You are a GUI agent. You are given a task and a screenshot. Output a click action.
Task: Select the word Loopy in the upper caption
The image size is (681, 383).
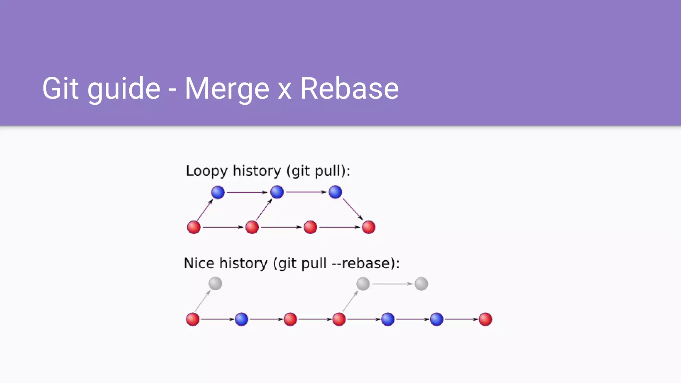tap(206, 171)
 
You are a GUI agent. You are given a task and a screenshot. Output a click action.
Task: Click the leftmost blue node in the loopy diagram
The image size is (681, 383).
tap(218, 192)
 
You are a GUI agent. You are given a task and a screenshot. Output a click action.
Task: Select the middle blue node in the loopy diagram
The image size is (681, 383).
tap(277, 192)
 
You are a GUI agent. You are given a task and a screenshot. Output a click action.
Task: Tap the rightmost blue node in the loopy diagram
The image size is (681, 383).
tap(335, 192)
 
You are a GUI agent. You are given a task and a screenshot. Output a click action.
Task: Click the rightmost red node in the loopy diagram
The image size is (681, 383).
tap(368, 227)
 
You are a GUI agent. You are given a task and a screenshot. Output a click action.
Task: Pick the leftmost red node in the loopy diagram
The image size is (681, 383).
tap(194, 227)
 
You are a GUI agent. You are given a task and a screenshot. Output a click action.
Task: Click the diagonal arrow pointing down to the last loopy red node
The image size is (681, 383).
tap(352, 209)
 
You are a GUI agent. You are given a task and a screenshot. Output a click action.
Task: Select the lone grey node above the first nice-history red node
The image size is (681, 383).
tap(215, 284)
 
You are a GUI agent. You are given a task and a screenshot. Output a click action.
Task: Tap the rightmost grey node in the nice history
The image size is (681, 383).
tap(421, 284)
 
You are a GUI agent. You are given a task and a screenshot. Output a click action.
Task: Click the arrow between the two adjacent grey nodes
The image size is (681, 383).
tap(392, 284)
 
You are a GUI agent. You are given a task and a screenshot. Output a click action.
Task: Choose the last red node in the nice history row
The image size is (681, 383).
tap(485, 319)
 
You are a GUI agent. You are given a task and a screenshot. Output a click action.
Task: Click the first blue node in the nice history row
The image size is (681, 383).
tap(241, 319)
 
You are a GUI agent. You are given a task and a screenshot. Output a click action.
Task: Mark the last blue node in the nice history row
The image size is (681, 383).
tap(437, 319)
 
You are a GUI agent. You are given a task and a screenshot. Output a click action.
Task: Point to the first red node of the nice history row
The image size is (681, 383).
tap(193, 319)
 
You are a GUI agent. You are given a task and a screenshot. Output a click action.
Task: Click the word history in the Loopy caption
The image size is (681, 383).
tap(257, 171)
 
